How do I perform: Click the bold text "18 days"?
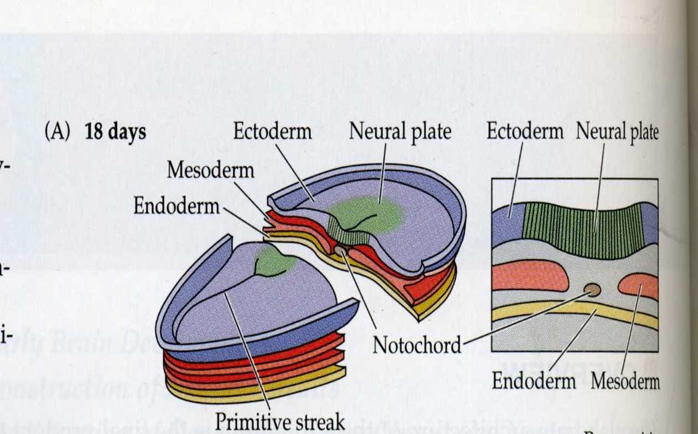(115, 132)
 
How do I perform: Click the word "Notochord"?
(417, 345)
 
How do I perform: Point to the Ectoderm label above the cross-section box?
(524, 132)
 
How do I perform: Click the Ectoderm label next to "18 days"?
(272, 132)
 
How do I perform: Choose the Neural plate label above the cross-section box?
(617, 132)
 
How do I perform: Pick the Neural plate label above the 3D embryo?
(401, 132)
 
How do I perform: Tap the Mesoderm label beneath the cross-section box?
(625, 381)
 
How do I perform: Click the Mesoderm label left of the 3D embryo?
(210, 170)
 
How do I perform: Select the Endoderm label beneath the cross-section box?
(534, 381)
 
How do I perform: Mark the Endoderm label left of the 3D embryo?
(176, 206)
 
